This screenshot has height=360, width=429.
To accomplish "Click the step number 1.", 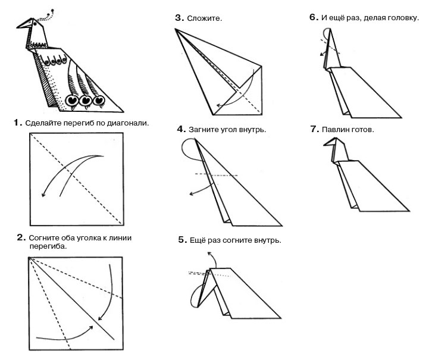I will (x=18, y=123).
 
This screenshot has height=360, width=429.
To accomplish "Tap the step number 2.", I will (x=21, y=237).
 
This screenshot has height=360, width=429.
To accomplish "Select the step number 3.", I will (x=179, y=18).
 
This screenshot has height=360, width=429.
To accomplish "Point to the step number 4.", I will (x=181, y=129).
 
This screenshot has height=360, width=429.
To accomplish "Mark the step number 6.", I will (x=314, y=17).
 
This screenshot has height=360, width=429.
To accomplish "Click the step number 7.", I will (x=314, y=128).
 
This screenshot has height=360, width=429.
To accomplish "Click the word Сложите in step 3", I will (x=204, y=18).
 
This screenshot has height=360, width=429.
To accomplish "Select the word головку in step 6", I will (x=402, y=17).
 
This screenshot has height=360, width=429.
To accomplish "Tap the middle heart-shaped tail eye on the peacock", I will (x=86, y=101).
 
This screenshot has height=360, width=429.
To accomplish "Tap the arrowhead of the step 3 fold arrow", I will (x=218, y=107).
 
